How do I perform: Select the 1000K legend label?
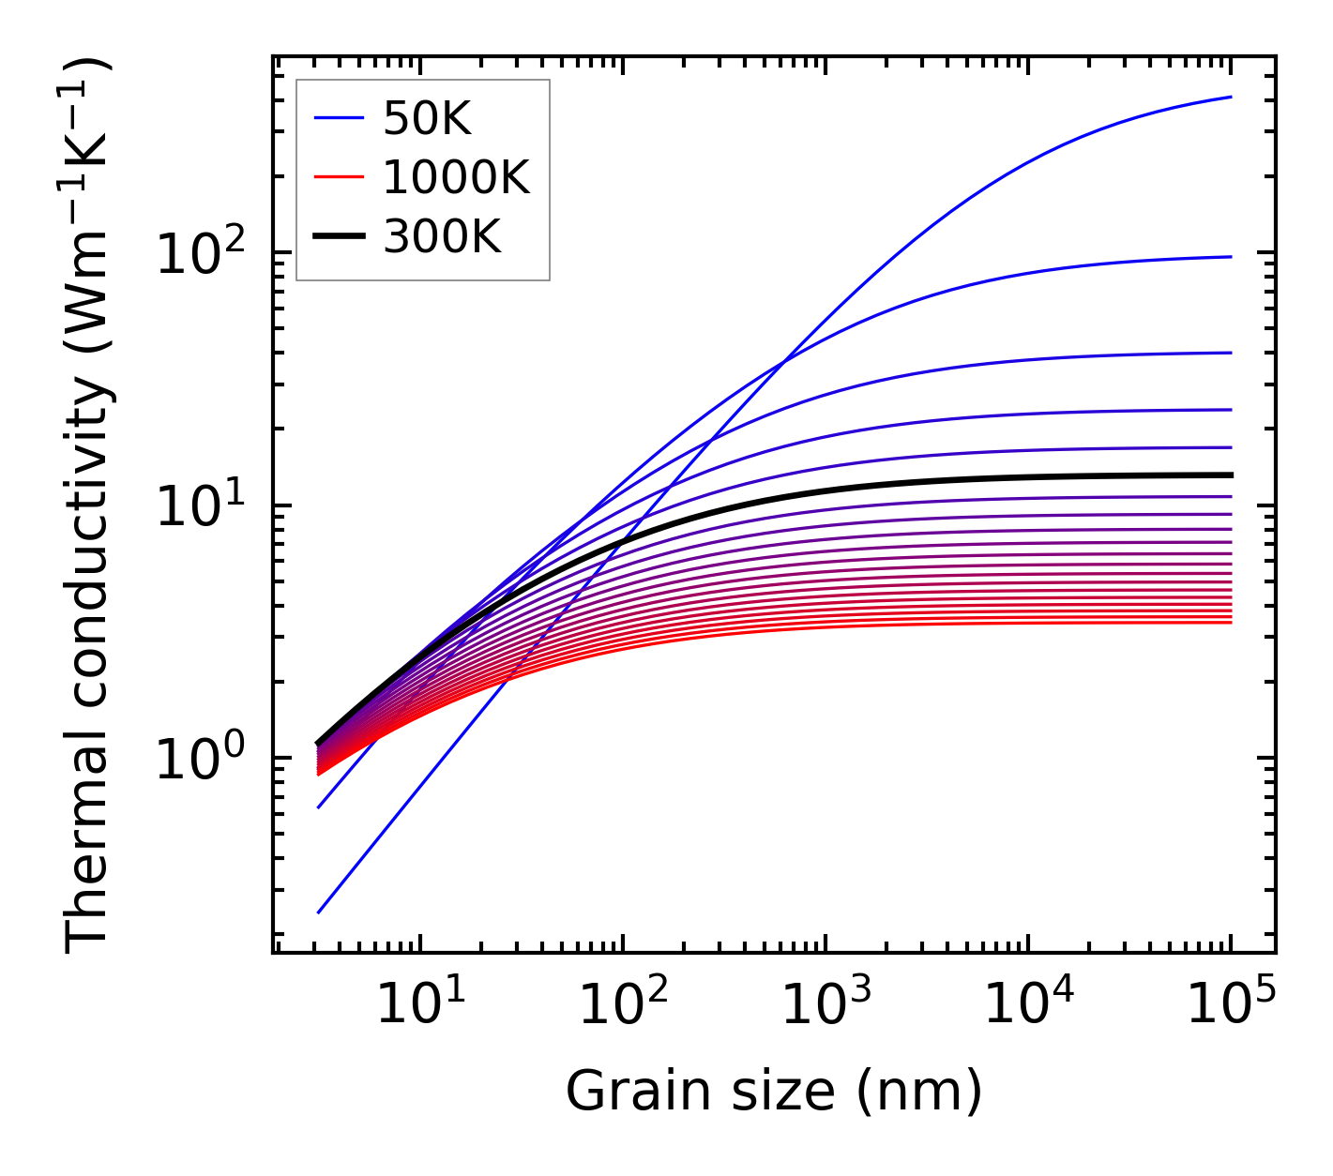(x=456, y=177)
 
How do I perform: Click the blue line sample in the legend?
(x=339, y=118)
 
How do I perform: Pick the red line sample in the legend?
(x=339, y=177)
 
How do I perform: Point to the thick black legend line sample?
(x=339, y=236)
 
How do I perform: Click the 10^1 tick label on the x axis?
(x=419, y=1006)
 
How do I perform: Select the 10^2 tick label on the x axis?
(x=622, y=1006)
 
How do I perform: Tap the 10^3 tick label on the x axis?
(x=825, y=1006)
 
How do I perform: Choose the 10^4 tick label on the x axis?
(x=1027, y=1006)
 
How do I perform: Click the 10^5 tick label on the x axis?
(x=1230, y=1006)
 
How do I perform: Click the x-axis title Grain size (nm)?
(x=774, y=1092)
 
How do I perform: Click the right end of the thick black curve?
(x=1231, y=475)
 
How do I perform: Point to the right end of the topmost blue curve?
(x=1231, y=97)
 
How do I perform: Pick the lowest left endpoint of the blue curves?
(x=319, y=912)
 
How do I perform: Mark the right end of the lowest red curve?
(x=1231, y=623)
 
